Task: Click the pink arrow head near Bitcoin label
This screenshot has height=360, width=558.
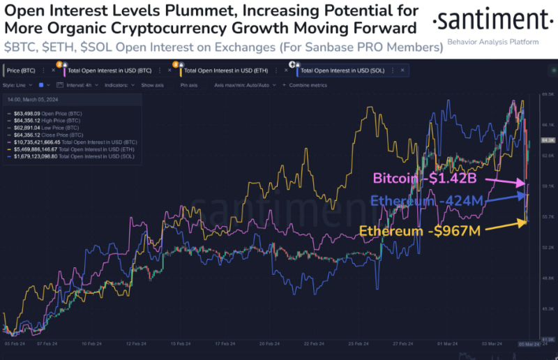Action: (525, 183)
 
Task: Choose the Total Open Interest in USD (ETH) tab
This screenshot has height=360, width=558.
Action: (222, 70)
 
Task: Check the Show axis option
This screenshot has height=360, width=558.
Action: (152, 84)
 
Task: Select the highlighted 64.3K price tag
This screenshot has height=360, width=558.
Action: (548, 140)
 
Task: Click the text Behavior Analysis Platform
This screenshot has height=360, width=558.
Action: (493, 43)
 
